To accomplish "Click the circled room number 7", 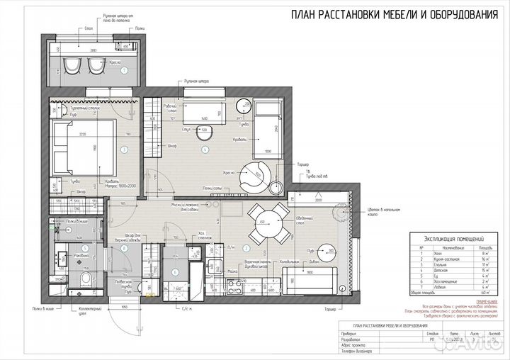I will point(123,71).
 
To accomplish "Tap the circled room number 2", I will point(246,248).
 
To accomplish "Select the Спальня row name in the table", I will point(443,264).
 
